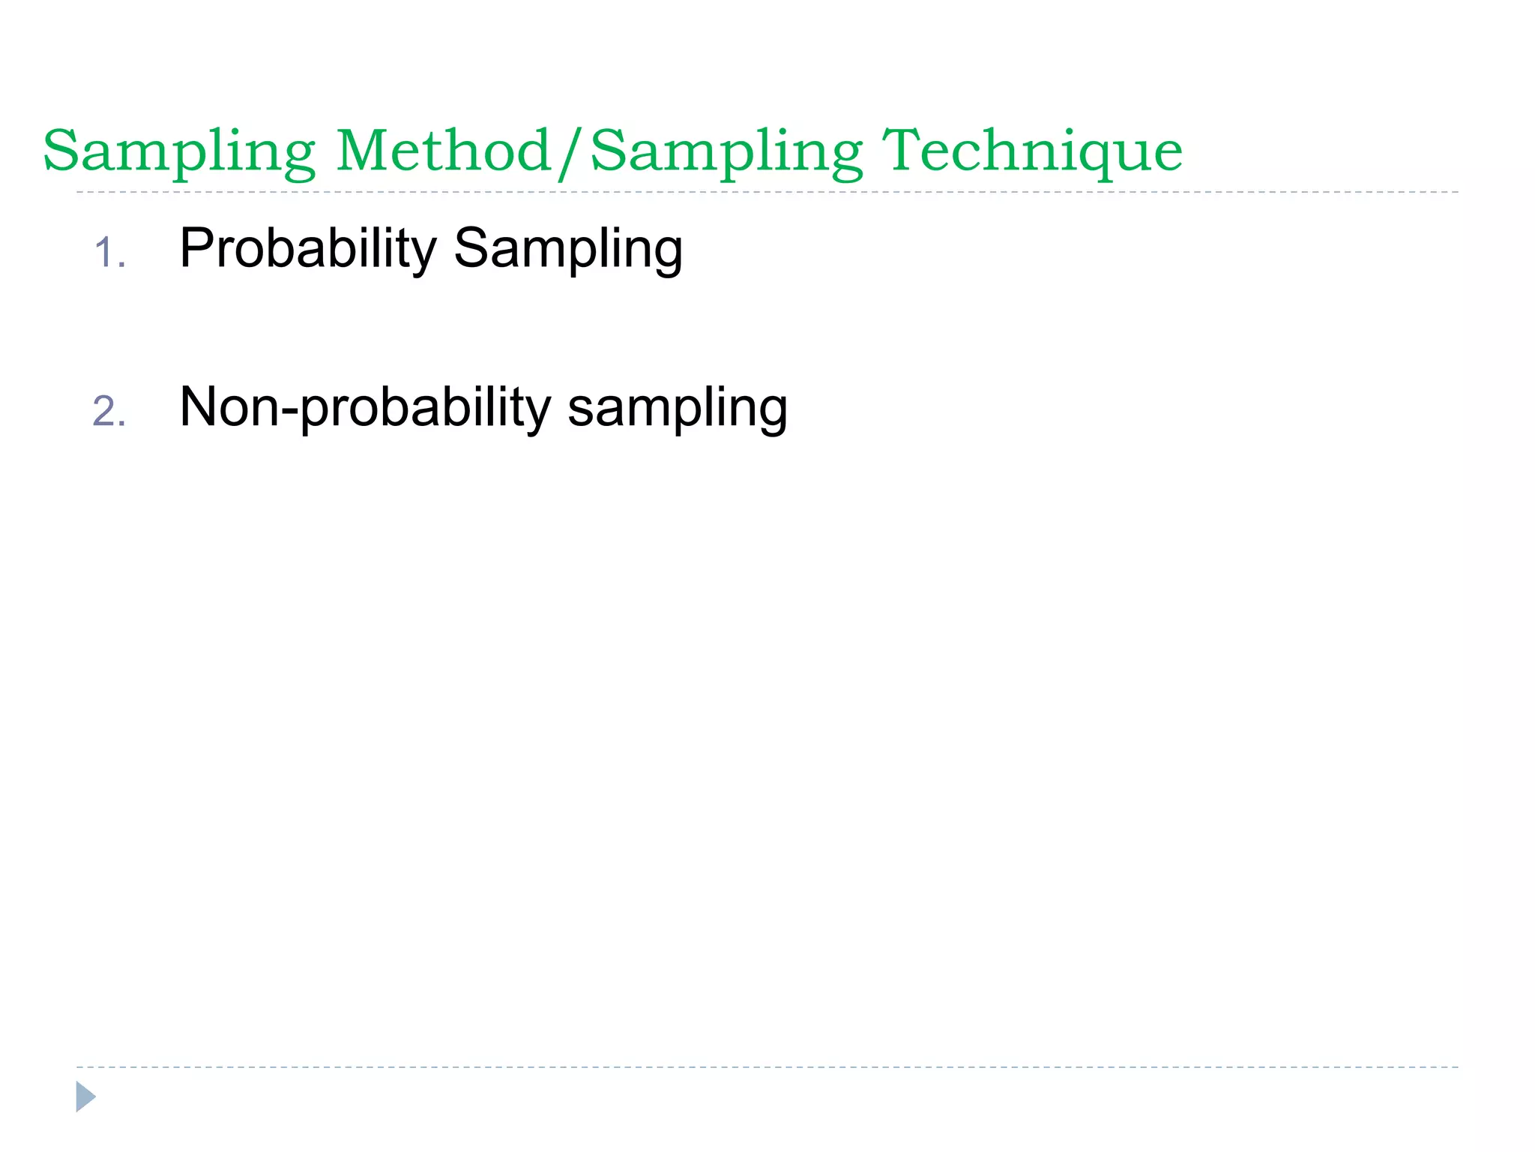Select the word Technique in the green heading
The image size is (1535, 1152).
click(x=1032, y=151)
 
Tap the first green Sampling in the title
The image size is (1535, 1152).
click(x=179, y=152)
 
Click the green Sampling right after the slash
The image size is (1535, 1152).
click(x=727, y=152)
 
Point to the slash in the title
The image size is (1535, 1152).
click(x=570, y=154)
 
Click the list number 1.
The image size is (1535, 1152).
click(x=109, y=253)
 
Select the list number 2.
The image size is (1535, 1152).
click(x=109, y=412)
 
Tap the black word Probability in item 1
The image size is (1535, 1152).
click(x=307, y=249)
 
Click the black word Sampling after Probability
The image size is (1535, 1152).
click(x=568, y=249)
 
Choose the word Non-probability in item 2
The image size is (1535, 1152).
click(x=366, y=408)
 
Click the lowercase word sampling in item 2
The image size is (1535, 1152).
click(x=677, y=409)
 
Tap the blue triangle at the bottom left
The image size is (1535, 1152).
click(x=85, y=1096)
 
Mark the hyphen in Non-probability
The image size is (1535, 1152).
click(x=289, y=412)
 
